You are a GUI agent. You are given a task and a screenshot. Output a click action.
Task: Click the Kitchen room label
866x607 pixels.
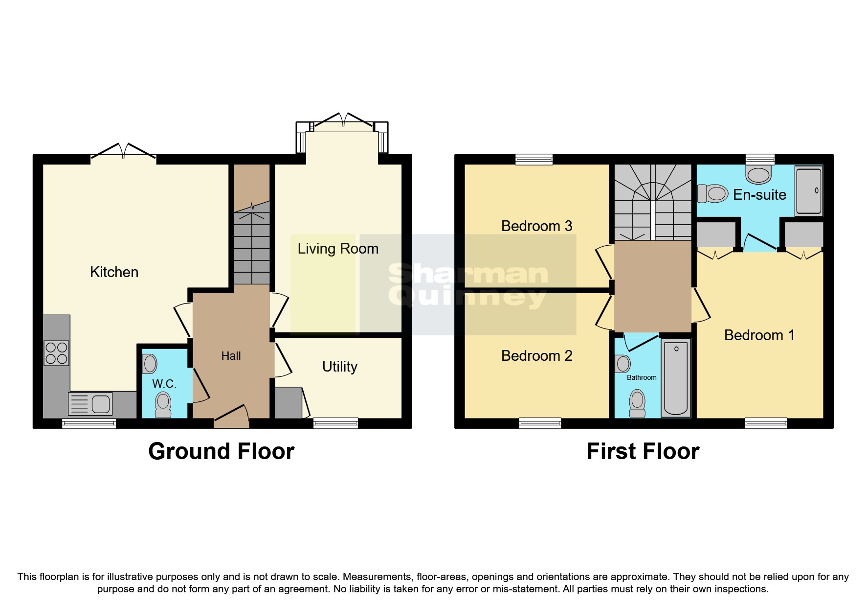(x=114, y=272)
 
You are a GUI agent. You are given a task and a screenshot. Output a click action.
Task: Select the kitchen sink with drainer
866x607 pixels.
(x=91, y=404)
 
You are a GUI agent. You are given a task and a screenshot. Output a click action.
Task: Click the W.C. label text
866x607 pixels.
(x=164, y=384)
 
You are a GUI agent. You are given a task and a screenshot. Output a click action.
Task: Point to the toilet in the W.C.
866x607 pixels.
(x=163, y=405)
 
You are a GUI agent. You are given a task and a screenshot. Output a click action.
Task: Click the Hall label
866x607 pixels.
(x=231, y=356)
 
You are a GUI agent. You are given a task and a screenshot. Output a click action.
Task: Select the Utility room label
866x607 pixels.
(x=339, y=367)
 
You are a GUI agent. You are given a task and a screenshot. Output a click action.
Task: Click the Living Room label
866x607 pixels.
(x=338, y=249)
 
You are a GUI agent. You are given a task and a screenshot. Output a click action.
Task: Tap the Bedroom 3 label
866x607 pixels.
(x=536, y=226)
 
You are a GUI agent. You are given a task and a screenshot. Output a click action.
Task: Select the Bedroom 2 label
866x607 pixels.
(x=536, y=356)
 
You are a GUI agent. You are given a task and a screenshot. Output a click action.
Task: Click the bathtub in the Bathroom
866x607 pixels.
(x=676, y=378)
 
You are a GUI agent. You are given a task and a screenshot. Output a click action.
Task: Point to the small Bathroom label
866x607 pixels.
(x=642, y=377)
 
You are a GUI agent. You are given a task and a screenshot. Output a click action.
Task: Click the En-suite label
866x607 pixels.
(x=759, y=195)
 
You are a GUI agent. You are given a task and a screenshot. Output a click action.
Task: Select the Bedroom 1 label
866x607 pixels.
(x=759, y=335)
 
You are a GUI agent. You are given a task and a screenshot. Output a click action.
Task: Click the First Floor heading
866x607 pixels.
(x=643, y=451)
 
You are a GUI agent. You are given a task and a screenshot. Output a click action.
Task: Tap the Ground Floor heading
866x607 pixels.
(x=221, y=451)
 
